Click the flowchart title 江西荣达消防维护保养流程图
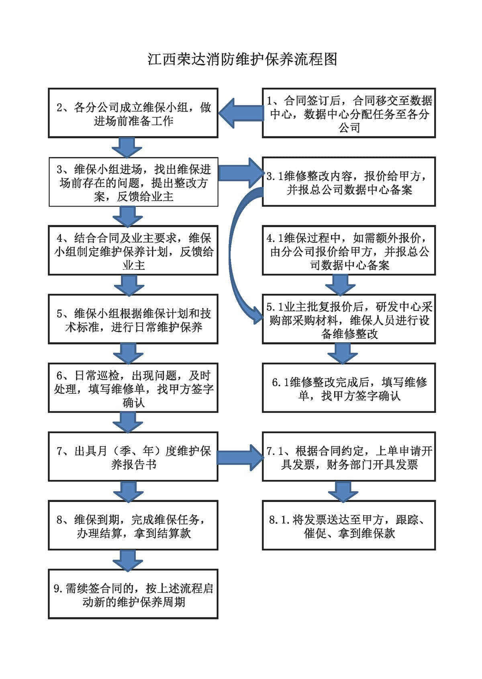pyautogui.click(x=242, y=59)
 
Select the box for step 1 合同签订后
pyautogui.click(x=349, y=113)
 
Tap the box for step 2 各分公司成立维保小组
pyautogui.click(x=133, y=113)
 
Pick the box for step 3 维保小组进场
pyautogui.click(x=133, y=182)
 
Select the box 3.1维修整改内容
pyautogui.click(x=349, y=182)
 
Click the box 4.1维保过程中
pyautogui.click(x=349, y=251)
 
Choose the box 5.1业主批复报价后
pyautogui.click(x=349, y=320)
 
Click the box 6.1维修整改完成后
pyautogui.click(x=349, y=388)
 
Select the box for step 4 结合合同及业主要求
pyautogui.click(x=133, y=251)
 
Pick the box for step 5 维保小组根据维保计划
pyautogui.click(x=133, y=320)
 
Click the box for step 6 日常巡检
pyautogui.click(x=133, y=388)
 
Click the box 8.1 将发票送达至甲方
pyautogui.click(x=349, y=526)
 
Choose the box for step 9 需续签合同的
pyautogui.click(x=133, y=595)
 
